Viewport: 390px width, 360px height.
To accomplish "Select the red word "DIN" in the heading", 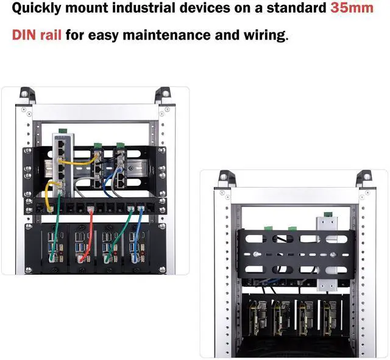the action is click(26, 35).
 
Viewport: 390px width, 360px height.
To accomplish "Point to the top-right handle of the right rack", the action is click(365, 177).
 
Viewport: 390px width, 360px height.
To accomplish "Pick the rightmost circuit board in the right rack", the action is click(330, 317).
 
